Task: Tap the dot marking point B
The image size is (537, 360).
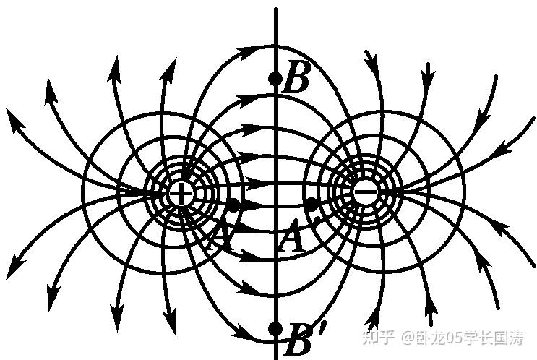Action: [275, 78]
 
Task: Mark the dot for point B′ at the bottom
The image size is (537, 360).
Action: [275, 329]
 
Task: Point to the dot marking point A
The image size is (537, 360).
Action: [234, 205]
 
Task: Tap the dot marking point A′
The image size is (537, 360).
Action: [311, 205]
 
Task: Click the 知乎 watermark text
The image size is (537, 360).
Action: [379, 337]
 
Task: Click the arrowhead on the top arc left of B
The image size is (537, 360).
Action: [247, 51]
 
